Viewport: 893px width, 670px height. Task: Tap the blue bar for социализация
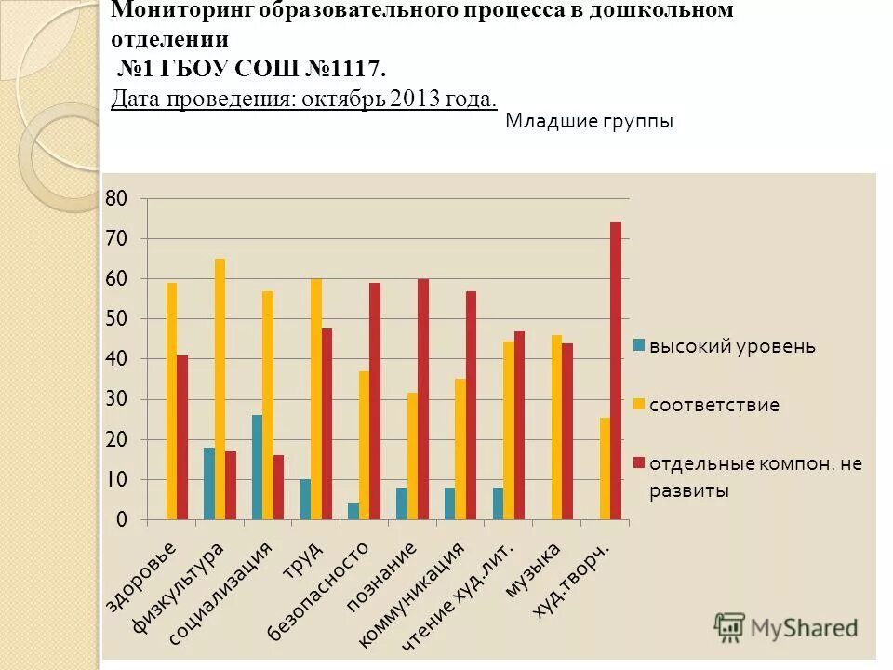(257, 467)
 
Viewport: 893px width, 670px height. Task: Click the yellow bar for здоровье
(171, 400)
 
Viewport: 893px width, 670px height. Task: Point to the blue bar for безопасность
(353, 511)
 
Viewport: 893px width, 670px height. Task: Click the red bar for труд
(327, 423)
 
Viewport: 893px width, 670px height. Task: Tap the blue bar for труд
(305, 499)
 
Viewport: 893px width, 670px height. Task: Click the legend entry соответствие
(714, 405)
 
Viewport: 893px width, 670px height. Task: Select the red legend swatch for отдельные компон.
(639, 462)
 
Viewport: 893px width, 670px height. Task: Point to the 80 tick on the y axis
(116, 198)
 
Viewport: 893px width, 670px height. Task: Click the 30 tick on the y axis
(116, 399)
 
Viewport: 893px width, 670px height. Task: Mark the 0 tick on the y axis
(122, 519)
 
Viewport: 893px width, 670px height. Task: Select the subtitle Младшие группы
(589, 121)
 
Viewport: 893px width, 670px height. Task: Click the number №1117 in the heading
(339, 69)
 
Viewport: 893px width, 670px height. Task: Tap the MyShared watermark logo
(787, 627)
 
